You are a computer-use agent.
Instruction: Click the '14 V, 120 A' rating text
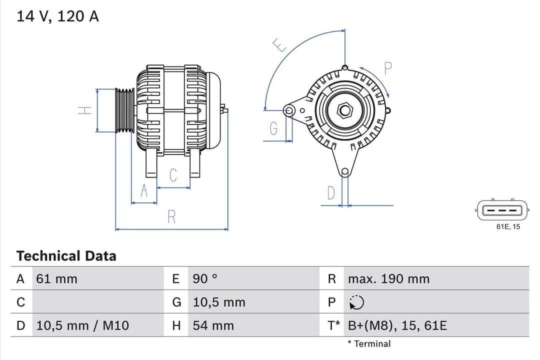(57, 16)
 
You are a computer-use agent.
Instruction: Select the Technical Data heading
(66, 256)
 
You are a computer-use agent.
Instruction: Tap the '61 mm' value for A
(56, 279)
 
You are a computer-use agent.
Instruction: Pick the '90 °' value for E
(205, 279)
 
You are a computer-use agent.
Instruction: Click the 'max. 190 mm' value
(388, 279)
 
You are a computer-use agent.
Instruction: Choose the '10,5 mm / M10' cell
(82, 326)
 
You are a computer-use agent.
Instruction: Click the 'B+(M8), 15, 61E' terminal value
(397, 326)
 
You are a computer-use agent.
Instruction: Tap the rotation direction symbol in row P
(357, 302)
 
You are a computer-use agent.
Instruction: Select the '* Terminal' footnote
(369, 343)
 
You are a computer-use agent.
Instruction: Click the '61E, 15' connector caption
(508, 226)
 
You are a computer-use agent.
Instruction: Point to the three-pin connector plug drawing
(502, 210)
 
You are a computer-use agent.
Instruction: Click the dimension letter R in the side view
(171, 217)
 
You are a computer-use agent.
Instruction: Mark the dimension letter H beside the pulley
(86, 110)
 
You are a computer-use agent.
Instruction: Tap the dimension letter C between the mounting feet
(173, 175)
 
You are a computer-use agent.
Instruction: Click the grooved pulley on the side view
(125, 110)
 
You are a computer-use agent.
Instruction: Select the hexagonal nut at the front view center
(344, 110)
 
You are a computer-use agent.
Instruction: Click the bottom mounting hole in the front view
(344, 172)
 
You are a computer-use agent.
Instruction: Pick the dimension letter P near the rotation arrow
(387, 68)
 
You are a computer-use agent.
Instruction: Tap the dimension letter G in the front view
(273, 129)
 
